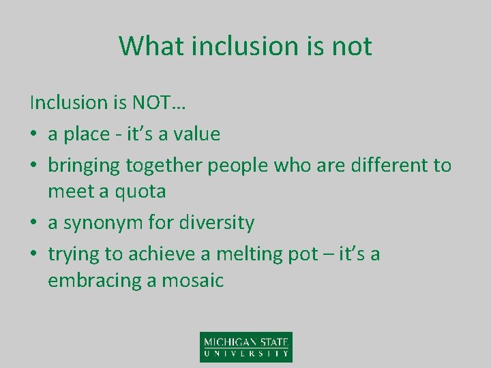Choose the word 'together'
pyautogui.click(x=163, y=165)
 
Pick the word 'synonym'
pyautogui.click(x=100, y=224)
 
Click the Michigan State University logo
pyautogui.click(x=245, y=346)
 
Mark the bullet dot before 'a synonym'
pyautogui.click(x=34, y=224)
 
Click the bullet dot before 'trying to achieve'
pyautogui.click(x=34, y=255)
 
